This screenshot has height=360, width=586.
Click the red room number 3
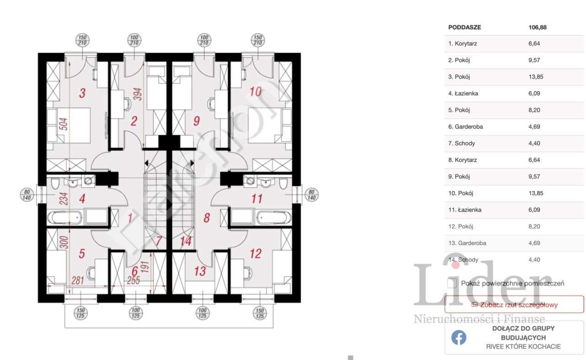click(82, 93)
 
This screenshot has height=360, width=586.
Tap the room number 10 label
click(255, 92)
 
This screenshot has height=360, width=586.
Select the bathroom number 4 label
click(82, 199)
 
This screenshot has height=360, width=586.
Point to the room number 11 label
click(257, 199)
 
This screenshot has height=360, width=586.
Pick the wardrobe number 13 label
click(200, 271)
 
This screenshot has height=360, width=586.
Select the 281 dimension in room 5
click(77, 281)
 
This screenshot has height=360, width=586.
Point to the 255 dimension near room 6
click(133, 281)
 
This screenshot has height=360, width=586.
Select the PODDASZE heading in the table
click(465, 27)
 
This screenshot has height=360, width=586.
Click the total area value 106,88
click(537, 27)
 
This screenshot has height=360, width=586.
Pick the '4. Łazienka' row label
click(463, 93)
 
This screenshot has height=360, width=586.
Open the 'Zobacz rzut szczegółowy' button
click(514, 305)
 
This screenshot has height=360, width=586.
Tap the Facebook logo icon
click(459, 338)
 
